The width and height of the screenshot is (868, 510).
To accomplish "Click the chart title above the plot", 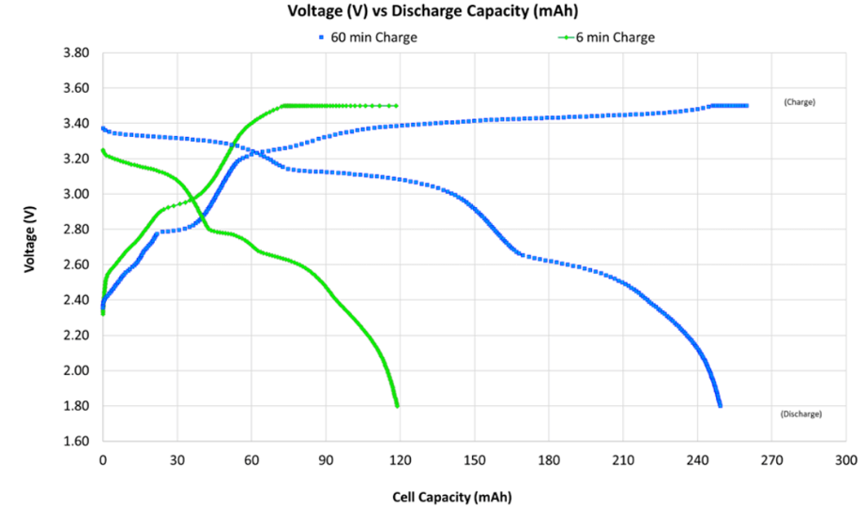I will tap(433, 12).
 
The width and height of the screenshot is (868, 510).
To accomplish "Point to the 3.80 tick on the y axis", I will tap(76, 53).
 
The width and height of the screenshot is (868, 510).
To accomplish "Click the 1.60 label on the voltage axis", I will tap(76, 442).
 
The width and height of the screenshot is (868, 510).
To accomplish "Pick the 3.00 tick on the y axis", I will tap(76, 194).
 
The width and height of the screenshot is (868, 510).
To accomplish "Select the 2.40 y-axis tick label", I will tap(76, 300).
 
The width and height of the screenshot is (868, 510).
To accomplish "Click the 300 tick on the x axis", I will tap(845, 460).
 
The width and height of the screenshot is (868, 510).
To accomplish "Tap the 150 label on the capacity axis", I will tap(475, 460).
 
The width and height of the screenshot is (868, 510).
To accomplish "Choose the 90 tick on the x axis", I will tap(326, 460).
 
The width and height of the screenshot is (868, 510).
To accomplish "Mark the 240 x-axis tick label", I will tap(697, 460).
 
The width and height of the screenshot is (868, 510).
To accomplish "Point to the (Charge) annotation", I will tap(799, 101).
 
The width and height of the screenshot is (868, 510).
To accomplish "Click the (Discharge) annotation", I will tap(800, 413).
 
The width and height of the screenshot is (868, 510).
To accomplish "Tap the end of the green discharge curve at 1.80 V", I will tap(397, 406).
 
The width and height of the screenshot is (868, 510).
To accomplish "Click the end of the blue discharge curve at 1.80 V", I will tap(720, 406).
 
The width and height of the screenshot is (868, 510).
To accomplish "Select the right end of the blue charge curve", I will tap(746, 106).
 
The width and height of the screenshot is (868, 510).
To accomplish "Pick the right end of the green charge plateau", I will tap(396, 106).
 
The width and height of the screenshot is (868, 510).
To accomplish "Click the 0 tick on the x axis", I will tap(103, 460).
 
